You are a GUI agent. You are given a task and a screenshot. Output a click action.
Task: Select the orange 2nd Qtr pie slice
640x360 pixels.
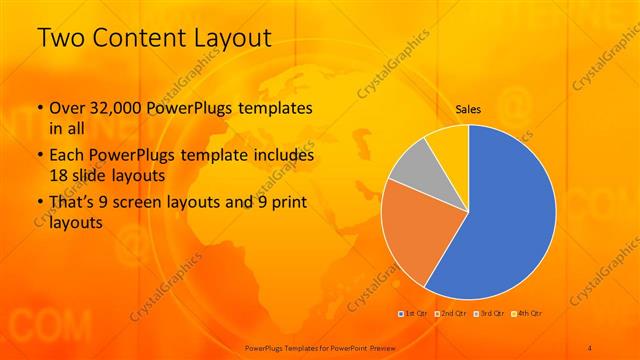point(424,231)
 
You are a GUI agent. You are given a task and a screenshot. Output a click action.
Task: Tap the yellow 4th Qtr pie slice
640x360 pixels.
point(447,142)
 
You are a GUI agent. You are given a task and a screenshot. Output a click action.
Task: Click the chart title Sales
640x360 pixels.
point(468,109)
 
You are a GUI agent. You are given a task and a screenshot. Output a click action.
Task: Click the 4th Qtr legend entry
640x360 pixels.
point(529,314)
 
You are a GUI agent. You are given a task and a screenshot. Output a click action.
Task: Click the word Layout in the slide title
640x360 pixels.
point(231,37)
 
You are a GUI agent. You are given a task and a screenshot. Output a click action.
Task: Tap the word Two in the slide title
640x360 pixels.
point(59,37)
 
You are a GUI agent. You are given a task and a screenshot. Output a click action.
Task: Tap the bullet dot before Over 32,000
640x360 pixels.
point(39,108)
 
